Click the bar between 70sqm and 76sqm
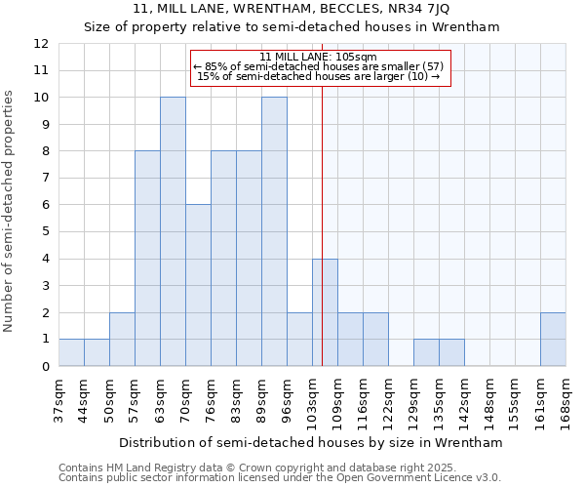coord(198,285)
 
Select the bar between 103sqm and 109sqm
coord(325,312)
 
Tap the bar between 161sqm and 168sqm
coord(553,339)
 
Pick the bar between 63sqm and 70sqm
coord(173,231)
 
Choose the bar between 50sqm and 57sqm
coord(122,339)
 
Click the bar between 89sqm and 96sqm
coord(274,231)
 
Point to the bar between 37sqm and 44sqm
coord(71,352)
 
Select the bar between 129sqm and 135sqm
coord(426,352)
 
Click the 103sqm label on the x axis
coord(313,399)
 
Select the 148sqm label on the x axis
coord(490,399)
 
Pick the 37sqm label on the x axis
coord(59,399)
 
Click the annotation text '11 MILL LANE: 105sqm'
coord(320,57)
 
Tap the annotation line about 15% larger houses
coord(320,76)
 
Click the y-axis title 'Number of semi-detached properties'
coord(10,211)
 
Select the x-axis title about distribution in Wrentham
coord(312,442)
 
